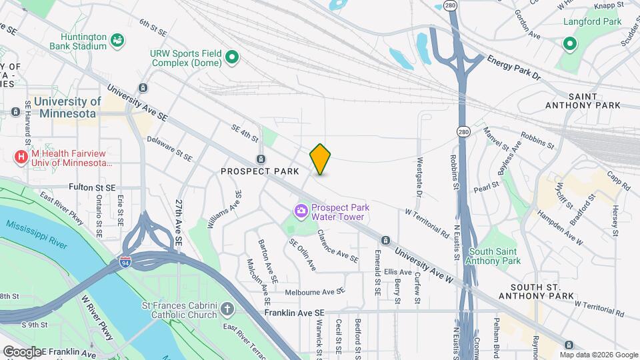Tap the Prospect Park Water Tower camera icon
301,211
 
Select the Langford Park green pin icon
569,45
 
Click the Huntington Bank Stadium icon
117,41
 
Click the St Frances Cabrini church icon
227,309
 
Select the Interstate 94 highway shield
125,263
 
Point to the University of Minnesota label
67,107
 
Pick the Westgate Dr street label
419,177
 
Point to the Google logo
22,351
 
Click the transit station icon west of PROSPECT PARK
261,159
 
